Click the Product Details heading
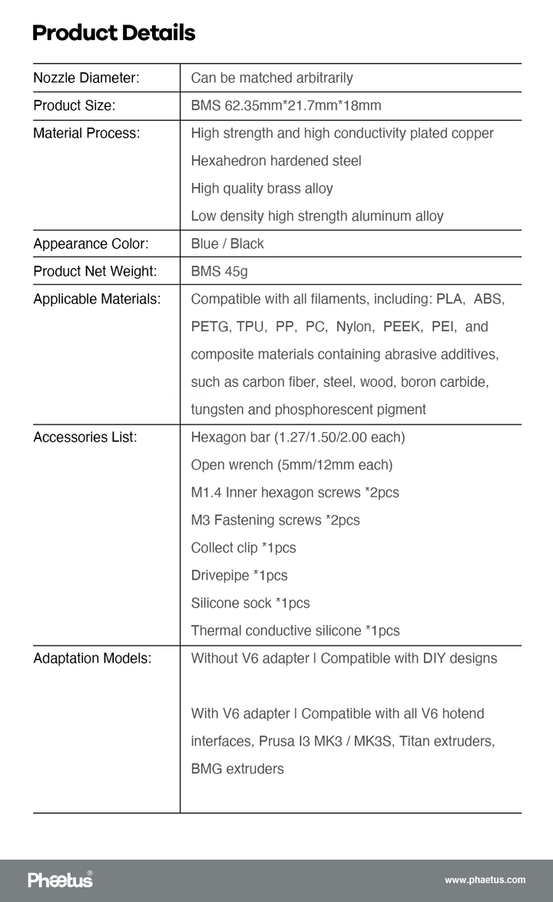tap(114, 33)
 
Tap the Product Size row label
tap(75, 105)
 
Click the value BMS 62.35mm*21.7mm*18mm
tap(286, 105)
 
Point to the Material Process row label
tap(87, 133)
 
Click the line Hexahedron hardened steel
tap(276, 160)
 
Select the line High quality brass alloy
tap(262, 188)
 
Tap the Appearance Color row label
tap(91, 243)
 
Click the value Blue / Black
tap(227, 243)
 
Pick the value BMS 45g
tap(219, 271)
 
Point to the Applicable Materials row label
tap(97, 299)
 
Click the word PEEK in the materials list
tap(402, 326)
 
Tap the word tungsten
tap(217, 409)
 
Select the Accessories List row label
tap(85, 437)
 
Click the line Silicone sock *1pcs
tap(250, 603)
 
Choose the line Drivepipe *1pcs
tap(239, 575)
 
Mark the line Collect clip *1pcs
tap(243, 547)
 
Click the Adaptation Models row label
tap(92, 658)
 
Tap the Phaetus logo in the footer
tap(61, 879)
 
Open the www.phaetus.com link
tap(485, 880)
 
